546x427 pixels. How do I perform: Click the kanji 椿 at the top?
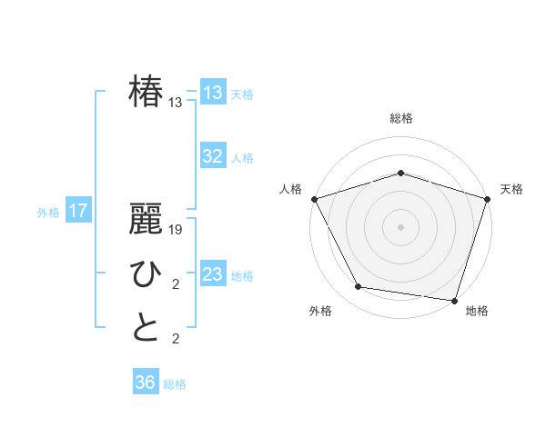(x=146, y=93)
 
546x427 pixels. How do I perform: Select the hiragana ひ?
(x=146, y=274)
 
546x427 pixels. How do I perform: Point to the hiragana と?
(x=146, y=328)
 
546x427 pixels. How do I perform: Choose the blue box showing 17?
(x=77, y=212)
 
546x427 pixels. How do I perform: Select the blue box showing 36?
(x=145, y=382)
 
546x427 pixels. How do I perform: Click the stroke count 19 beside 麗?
(x=177, y=231)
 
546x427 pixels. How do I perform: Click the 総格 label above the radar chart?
(x=400, y=118)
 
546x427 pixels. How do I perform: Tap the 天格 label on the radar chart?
(x=511, y=189)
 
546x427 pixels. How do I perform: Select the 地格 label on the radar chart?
(x=477, y=312)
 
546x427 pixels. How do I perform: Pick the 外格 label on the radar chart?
(x=320, y=312)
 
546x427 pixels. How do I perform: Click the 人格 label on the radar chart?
(x=290, y=189)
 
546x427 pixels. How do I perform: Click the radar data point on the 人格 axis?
(x=314, y=199)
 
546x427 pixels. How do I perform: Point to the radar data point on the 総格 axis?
(x=400, y=173)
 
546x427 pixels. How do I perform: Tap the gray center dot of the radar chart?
(x=400, y=226)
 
